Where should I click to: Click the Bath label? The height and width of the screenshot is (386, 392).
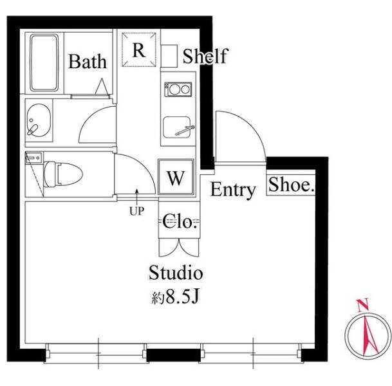[x=88, y=62]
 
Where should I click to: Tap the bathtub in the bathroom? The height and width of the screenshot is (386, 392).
[x=44, y=62]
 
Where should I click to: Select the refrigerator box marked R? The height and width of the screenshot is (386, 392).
[x=139, y=50]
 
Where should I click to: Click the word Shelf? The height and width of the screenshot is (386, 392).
[x=205, y=56]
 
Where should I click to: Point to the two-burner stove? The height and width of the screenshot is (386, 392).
[x=178, y=89]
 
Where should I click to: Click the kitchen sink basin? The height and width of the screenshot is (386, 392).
[x=177, y=127]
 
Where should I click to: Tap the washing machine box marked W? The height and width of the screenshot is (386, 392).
[x=176, y=177]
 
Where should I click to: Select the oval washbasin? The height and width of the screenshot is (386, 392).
[x=39, y=120]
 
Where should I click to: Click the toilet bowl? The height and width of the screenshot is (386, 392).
[x=63, y=174]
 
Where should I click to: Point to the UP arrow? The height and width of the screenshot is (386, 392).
[x=136, y=197]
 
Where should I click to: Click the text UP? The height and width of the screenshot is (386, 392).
[x=136, y=212]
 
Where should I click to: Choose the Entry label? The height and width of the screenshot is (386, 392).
[x=233, y=190]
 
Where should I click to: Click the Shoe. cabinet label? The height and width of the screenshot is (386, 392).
[x=291, y=185]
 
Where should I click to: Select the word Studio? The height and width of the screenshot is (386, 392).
[x=176, y=272]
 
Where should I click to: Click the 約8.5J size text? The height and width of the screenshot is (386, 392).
[x=175, y=297]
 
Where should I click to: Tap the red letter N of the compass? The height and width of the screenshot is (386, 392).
[x=363, y=305]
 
